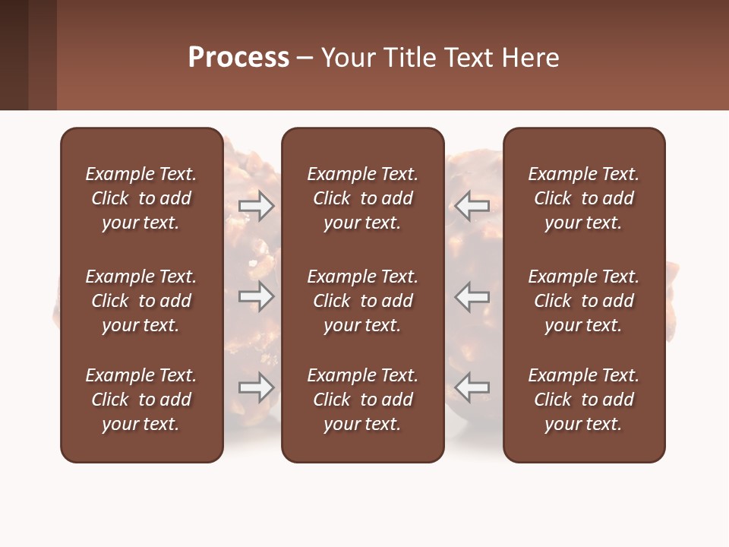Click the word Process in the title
click(x=238, y=58)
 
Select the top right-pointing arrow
click(x=256, y=205)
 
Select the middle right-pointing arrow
click(x=256, y=296)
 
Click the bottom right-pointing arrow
click(x=256, y=387)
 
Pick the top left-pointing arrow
click(x=472, y=205)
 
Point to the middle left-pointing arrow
click(x=472, y=296)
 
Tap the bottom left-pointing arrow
click(x=472, y=387)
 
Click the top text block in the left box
click(x=141, y=198)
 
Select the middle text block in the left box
click(x=141, y=301)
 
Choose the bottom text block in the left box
click(x=141, y=400)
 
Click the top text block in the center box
click(x=362, y=198)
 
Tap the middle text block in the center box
click(x=362, y=301)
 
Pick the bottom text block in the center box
click(x=362, y=400)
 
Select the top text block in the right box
click(x=583, y=198)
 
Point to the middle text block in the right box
click(x=583, y=301)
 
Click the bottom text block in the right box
click(x=583, y=400)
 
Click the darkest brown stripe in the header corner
click(x=14, y=55)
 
